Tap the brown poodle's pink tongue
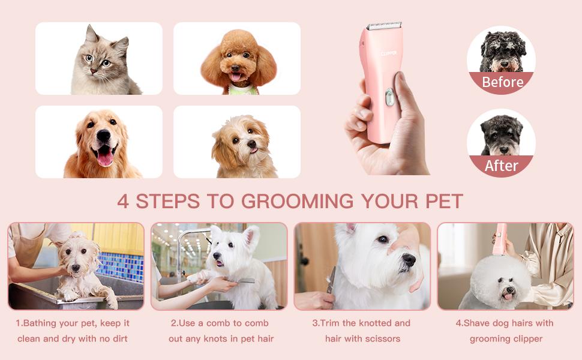pos(236,77)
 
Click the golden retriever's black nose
pos(103,137)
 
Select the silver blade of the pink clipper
pos(384,26)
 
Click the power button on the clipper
pos(389,96)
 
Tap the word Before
pos(502,82)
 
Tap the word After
pos(502,166)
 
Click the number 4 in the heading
pos(123,201)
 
